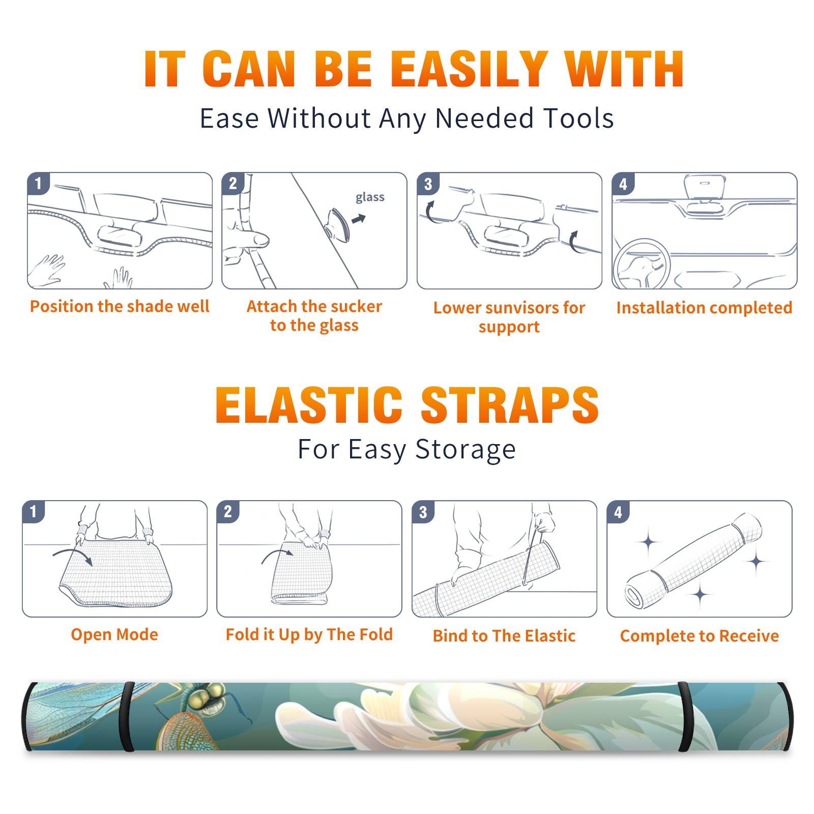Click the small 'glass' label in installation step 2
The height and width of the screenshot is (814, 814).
pos(370,197)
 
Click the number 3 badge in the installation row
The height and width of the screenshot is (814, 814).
pos(428,184)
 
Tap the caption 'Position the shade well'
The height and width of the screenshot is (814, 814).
pos(120,306)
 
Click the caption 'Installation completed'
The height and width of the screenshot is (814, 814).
pos(704,307)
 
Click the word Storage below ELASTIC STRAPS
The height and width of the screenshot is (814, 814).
pos(466,450)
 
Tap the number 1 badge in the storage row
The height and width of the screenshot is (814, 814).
pos(34,511)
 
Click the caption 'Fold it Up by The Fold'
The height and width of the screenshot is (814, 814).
pos(309,634)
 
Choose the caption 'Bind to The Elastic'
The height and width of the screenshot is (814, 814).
pos(504,636)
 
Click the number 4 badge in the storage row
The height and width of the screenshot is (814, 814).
pos(618,512)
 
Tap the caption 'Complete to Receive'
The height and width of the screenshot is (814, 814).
pos(700,636)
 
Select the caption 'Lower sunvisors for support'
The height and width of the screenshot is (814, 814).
pos(509,317)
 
